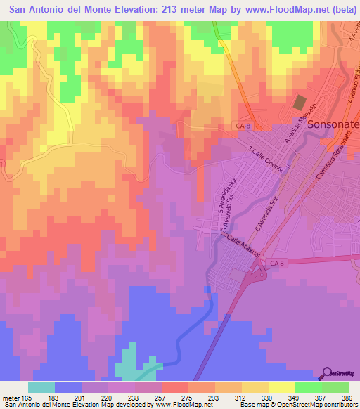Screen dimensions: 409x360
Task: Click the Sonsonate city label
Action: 333,124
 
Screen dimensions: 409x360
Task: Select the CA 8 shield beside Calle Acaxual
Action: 277,262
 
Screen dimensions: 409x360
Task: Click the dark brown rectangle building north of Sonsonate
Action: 300,102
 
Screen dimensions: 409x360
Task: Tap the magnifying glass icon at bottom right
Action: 327,373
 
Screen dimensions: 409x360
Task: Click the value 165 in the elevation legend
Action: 27,398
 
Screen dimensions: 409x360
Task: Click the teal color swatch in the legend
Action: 41,387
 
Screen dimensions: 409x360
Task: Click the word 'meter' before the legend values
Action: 11,398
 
